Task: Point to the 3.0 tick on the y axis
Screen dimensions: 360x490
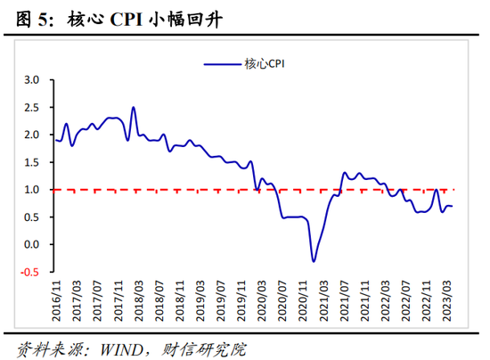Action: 32,79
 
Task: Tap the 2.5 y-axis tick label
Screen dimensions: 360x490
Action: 32,107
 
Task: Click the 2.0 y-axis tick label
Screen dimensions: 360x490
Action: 32,135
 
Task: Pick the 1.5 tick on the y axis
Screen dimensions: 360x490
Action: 32,162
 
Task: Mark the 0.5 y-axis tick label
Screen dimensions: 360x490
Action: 32,217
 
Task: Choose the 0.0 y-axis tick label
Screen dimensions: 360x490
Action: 32,244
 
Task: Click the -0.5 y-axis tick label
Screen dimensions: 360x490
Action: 30,272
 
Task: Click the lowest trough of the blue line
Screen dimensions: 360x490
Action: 314,260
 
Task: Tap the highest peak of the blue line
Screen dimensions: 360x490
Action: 134,108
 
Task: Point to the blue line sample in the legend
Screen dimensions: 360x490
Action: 222,63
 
